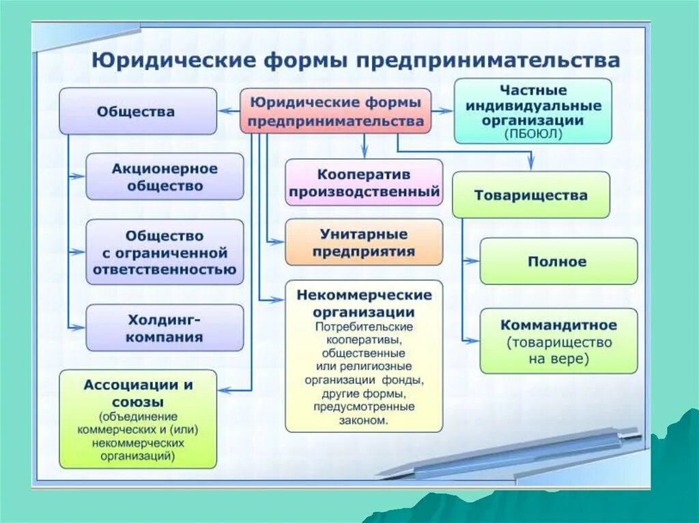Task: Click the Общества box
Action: click(137, 111)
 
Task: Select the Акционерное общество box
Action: click(165, 177)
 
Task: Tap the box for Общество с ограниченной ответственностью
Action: click(165, 253)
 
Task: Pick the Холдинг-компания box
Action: click(165, 328)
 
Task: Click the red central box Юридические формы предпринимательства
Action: click(335, 110)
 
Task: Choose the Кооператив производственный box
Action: click(363, 183)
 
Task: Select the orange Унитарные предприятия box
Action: click(363, 243)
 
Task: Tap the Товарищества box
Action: click(530, 195)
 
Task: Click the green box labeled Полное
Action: click(558, 261)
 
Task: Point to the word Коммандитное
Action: click(558, 325)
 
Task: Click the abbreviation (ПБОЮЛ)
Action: click(532, 134)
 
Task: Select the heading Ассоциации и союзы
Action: click(138, 392)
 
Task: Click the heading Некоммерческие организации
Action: click(364, 303)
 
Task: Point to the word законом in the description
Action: click(363, 421)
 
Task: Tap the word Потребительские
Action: click(363, 327)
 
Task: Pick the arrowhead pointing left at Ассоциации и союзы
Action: click(225, 390)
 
